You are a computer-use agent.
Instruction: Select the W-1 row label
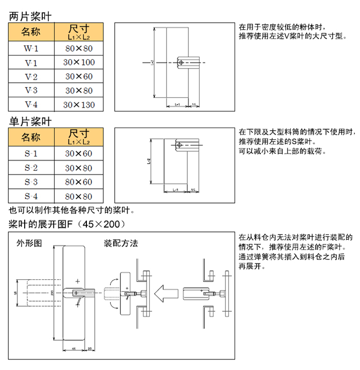coord(31,49)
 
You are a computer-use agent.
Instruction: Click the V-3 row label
coord(31,91)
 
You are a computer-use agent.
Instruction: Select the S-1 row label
coord(31,154)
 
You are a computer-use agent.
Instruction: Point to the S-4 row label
coord(31,196)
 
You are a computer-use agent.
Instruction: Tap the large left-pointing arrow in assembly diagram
coord(166,295)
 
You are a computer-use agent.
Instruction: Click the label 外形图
coord(29,243)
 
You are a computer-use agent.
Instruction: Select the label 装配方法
coord(121,243)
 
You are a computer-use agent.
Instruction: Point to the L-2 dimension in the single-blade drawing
coord(148,161)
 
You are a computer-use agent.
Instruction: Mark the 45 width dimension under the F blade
coord(73,348)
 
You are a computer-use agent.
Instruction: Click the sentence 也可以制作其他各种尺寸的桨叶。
coord(72,210)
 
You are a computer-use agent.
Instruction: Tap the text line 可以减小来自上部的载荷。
coord(282,151)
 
